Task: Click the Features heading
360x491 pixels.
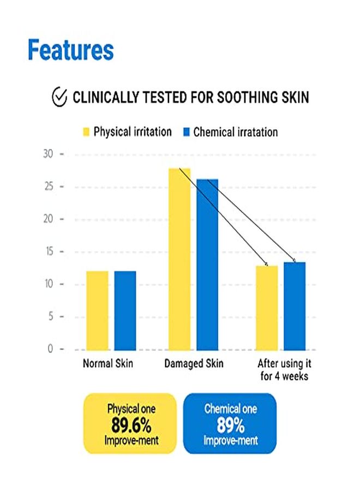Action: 70,50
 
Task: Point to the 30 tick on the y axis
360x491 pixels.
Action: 49,154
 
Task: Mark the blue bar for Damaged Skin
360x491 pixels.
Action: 207,265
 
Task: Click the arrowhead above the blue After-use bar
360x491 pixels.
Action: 295,260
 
